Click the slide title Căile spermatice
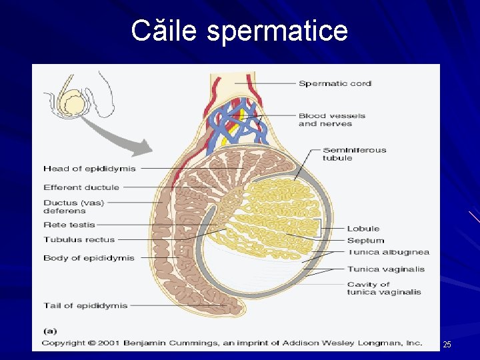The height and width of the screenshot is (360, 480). point(239,31)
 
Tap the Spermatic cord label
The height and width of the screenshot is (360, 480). point(335,83)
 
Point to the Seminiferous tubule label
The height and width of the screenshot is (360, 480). point(354,154)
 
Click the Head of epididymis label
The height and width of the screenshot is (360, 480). point(89,169)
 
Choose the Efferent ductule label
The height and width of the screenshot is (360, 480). point(81,187)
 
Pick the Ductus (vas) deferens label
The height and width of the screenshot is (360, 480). point(73,207)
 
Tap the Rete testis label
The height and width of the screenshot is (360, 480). point(69,225)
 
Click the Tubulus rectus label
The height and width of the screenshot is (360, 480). point(79,239)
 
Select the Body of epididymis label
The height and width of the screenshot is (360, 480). point(89,258)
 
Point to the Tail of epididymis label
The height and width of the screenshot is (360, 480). point(85,305)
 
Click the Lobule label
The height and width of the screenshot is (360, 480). point(363,229)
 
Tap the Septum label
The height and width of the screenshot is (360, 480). point(365,240)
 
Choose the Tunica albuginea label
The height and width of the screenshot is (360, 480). point(388,252)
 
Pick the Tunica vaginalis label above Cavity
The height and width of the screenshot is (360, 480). point(385,269)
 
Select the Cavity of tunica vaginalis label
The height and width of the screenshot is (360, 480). point(383,288)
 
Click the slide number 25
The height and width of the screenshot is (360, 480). point(447,345)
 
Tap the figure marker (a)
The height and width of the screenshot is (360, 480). point(49,330)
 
